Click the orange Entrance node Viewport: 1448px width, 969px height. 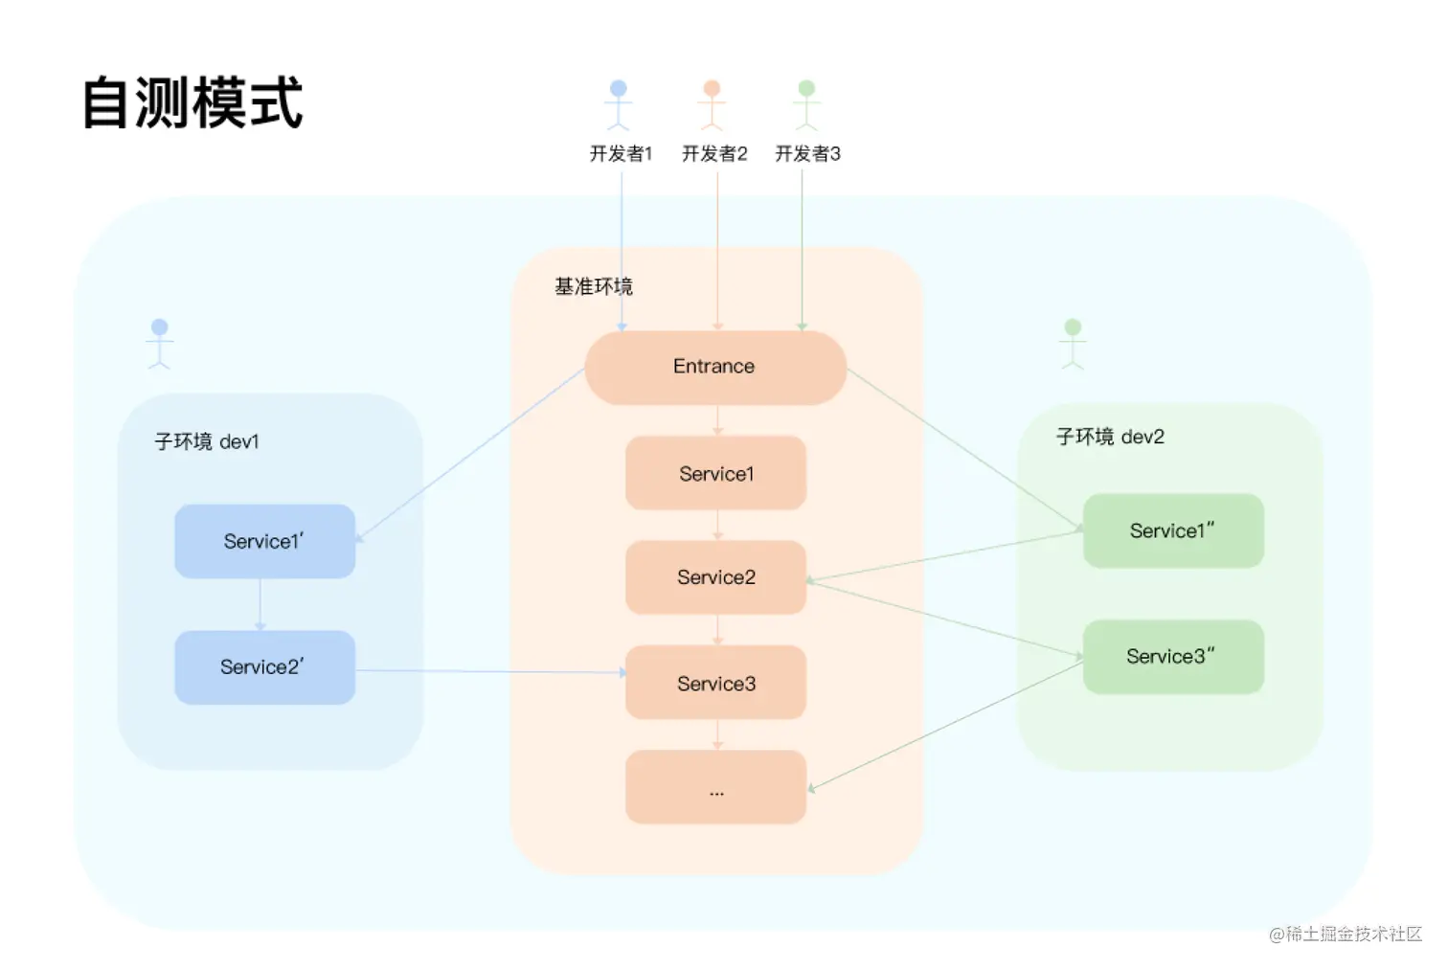(x=714, y=368)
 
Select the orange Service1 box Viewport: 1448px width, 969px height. (x=715, y=473)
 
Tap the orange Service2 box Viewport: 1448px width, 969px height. (x=715, y=577)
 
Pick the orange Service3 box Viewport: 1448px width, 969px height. (x=715, y=683)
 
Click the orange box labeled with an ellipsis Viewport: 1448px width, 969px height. (x=715, y=787)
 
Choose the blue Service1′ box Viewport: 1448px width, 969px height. (x=264, y=541)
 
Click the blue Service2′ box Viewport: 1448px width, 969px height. (x=264, y=667)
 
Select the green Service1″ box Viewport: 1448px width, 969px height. (x=1173, y=530)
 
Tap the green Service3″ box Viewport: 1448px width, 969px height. (x=1173, y=657)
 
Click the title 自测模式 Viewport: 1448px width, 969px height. (x=192, y=103)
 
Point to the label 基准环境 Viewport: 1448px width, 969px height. (x=594, y=286)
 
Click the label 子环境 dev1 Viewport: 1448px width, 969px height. (x=207, y=441)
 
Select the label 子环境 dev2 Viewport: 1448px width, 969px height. (x=1110, y=437)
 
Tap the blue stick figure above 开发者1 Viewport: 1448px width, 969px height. (x=619, y=104)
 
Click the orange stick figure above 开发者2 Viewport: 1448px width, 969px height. (x=712, y=104)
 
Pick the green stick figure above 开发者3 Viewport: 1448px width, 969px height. (x=806, y=104)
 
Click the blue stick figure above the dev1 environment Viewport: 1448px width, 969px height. (x=160, y=344)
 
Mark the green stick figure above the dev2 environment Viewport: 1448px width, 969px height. (x=1073, y=344)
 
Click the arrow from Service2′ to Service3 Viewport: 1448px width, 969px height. (x=488, y=671)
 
